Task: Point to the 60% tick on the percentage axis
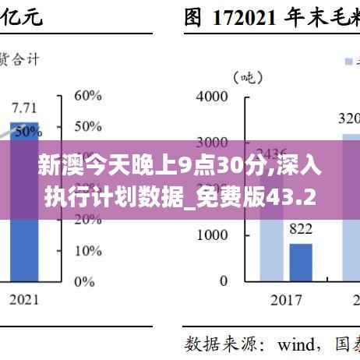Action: coord(87,96)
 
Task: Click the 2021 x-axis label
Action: coord(25,299)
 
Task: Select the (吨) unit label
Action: coord(243,76)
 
